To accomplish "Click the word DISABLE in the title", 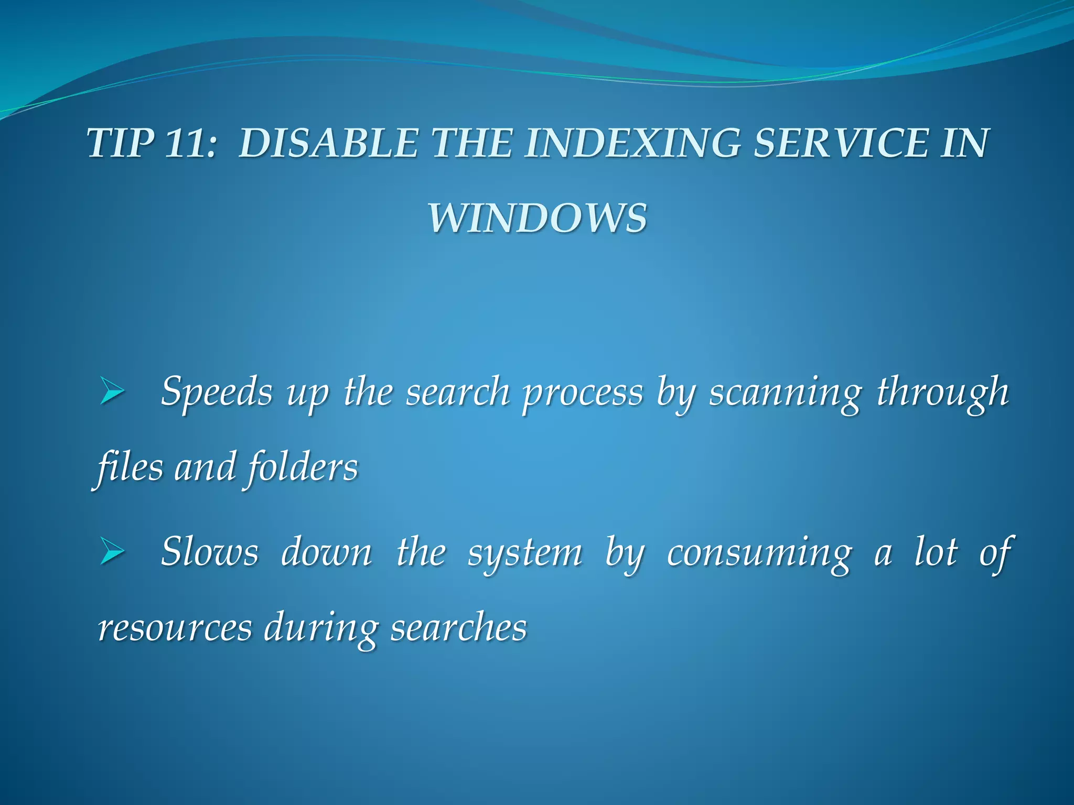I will point(328,143).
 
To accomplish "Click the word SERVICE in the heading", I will point(840,143).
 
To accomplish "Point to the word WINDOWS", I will point(538,218).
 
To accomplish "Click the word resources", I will point(175,628).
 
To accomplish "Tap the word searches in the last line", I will point(459,628).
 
